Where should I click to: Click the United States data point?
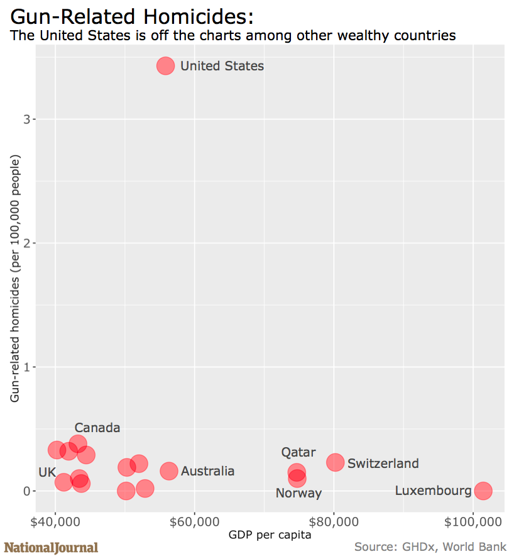(x=165, y=66)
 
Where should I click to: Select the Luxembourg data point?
(x=483, y=491)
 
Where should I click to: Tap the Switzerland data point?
(x=336, y=462)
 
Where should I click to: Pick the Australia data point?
(x=169, y=471)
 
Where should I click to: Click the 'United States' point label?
(x=222, y=66)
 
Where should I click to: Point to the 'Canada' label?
(x=97, y=428)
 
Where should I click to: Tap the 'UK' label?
(x=47, y=472)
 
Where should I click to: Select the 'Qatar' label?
(x=298, y=452)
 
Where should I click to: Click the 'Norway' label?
(x=298, y=493)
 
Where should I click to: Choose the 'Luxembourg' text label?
(x=433, y=491)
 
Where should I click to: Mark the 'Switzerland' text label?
(x=383, y=464)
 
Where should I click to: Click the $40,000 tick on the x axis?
(x=55, y=522)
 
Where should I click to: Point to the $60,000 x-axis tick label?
(x=195, y=522)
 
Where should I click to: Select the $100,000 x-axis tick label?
(x=473, y=522)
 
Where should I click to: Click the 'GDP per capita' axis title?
(x=270, y=535)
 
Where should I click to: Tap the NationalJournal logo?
(x=52, y=548)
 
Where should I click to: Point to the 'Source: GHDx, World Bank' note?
(x=430, y=546)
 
